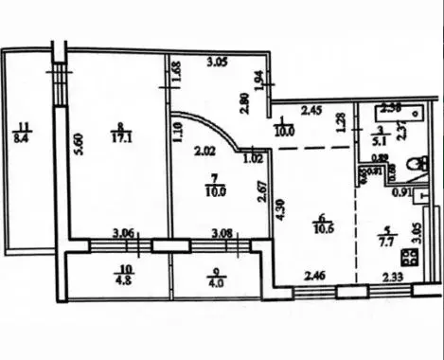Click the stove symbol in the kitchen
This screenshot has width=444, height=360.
pos(410,256)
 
